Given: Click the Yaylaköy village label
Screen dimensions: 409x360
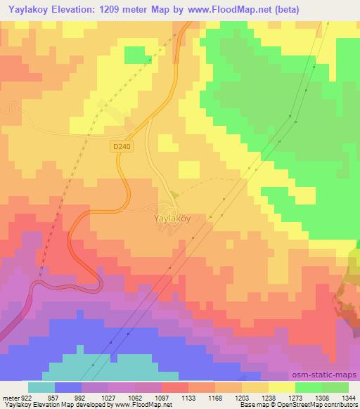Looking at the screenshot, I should [172, 219].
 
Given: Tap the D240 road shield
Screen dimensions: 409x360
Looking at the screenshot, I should [120, 146].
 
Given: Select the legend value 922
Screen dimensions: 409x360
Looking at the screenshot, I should [25, 398].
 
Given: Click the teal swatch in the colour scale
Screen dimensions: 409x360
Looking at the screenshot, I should [41, 387].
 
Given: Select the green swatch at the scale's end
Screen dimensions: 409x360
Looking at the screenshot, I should [335, 387].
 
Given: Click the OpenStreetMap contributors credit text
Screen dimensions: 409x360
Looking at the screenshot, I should [316, 405].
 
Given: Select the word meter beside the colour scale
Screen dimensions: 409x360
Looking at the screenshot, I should [10, 398].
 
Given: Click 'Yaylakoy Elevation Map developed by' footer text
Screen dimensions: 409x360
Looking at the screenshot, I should [49, 405].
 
